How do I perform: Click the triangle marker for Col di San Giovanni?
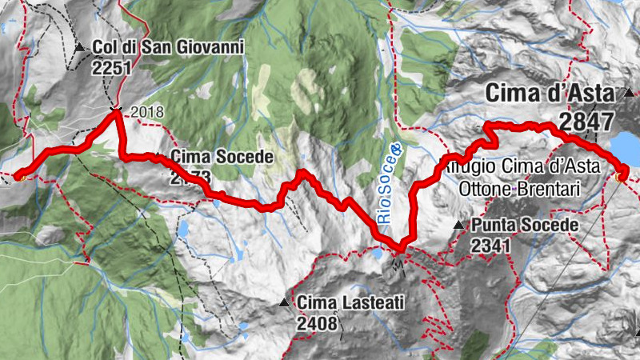point(79,48)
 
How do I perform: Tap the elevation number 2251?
point(110,68)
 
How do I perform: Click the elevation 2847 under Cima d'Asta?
point(586,122)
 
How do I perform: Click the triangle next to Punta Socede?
point(459,226)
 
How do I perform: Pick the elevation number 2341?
point(490,246)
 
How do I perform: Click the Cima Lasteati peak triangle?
point(284,303)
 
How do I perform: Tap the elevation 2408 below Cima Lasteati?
point(317,324)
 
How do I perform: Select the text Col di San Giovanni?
point(168,48)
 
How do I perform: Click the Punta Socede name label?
point(525,226)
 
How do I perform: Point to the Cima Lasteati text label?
point(350,303)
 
